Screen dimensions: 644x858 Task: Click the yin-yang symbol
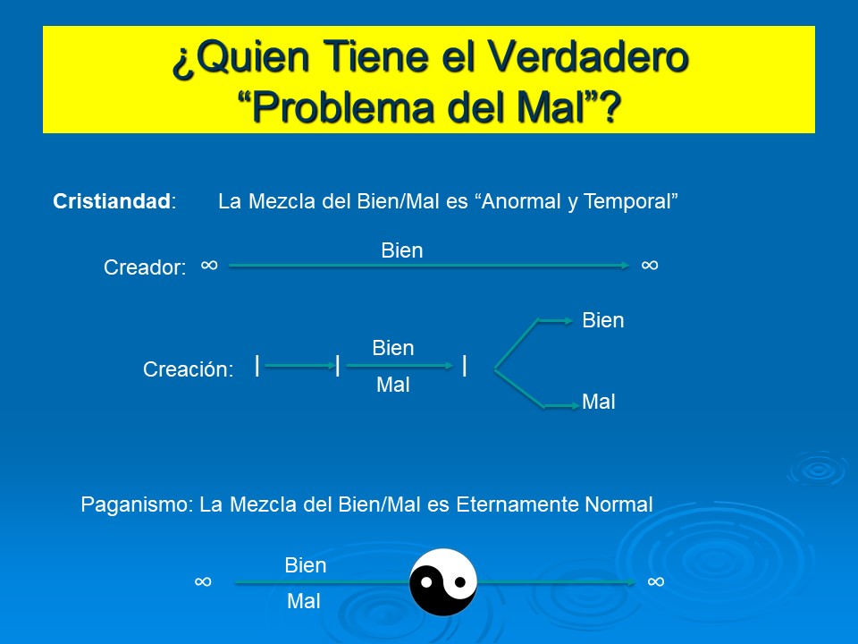(443, 582)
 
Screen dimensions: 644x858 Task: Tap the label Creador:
(145, 267)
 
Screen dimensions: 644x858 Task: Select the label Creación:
(188, 369)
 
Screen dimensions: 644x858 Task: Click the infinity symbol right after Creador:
(209, 265)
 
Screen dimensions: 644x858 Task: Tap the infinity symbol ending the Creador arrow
(650, 265)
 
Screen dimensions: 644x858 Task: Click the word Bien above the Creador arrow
(402, 251)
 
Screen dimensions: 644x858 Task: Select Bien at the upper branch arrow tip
(603, 320)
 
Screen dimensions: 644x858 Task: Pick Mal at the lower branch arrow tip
(599, 402)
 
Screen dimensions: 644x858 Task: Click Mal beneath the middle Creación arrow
(393, 386)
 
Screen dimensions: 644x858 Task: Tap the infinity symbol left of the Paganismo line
(203, 581)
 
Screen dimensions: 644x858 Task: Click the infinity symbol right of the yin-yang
(656, 581)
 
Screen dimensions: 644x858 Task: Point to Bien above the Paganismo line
(306, 565)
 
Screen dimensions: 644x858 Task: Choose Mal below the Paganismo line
(304, 602)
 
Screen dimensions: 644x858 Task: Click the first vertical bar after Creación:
(257, 365)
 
